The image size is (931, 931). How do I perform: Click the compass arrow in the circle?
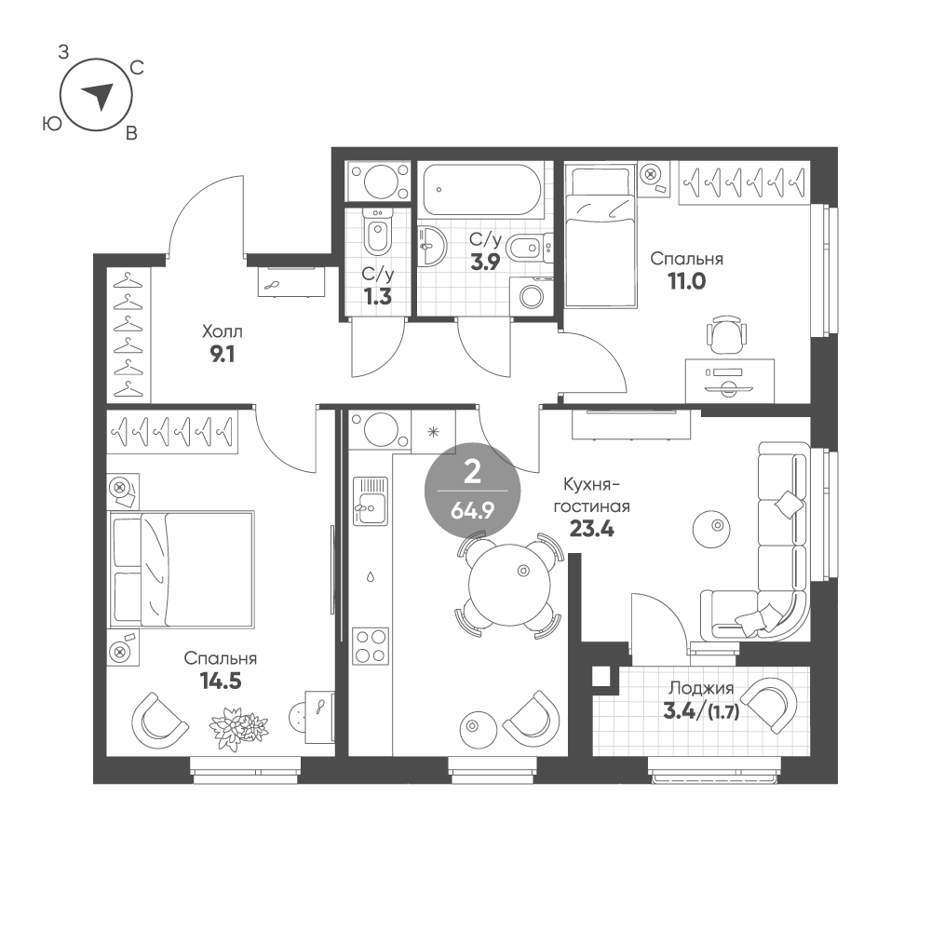pos(98,95)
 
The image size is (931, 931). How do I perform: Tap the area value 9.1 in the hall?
pos(223,355)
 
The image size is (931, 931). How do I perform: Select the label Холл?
pos(223,331)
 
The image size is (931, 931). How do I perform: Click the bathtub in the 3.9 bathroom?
pos(479,189)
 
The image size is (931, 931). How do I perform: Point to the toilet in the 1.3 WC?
pos(377,233)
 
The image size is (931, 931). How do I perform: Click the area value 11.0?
pos(687,281)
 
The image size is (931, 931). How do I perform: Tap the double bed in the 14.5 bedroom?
pos(182,569)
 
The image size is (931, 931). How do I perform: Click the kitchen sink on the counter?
pos(370,501)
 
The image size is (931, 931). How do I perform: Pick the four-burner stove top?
pos(370,645)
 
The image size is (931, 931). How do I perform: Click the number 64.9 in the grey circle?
pos(473,510)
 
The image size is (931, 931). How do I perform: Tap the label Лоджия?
pos(701,688)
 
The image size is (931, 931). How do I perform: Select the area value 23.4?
pos(591,528)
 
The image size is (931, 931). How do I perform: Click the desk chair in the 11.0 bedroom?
pos(725,333)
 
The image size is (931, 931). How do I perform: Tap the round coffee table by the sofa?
pos(711,526)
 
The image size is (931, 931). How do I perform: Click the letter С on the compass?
pos(137,68)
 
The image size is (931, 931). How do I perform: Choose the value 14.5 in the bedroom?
pos(221,681)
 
